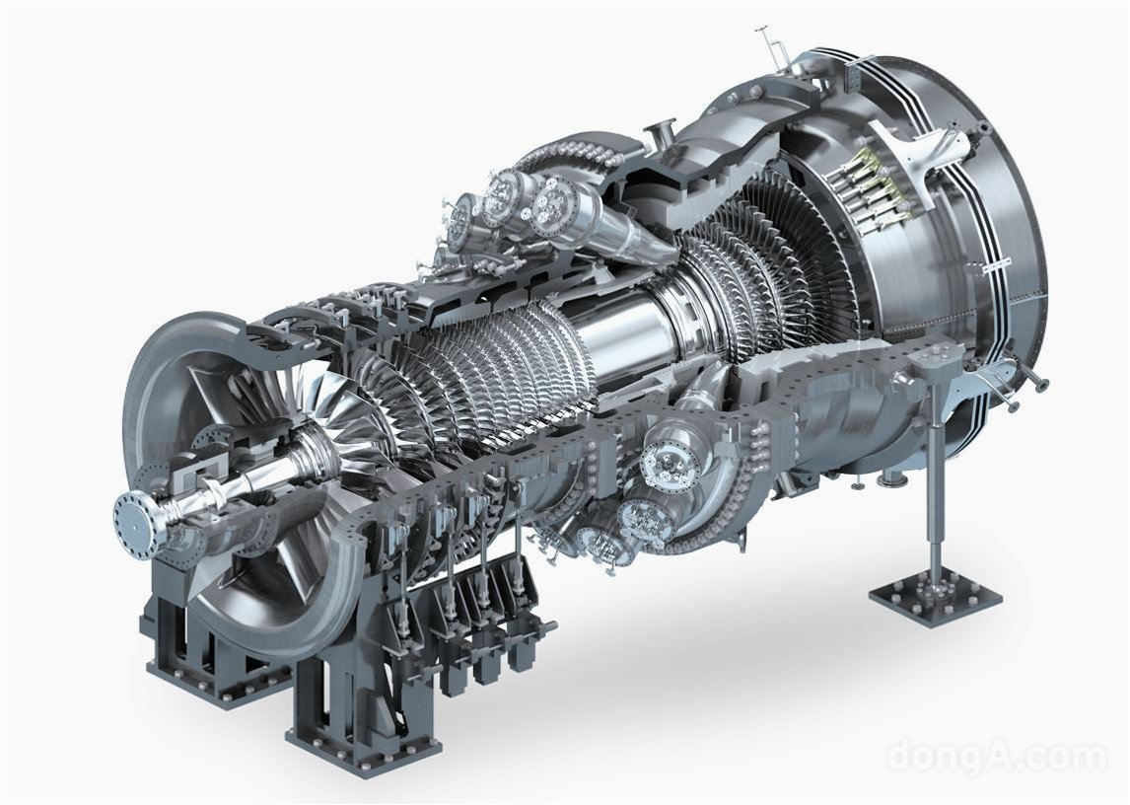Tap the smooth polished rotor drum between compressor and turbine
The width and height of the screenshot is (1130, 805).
pos(621,325)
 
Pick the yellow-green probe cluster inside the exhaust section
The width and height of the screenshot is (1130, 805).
pos(869,183)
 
